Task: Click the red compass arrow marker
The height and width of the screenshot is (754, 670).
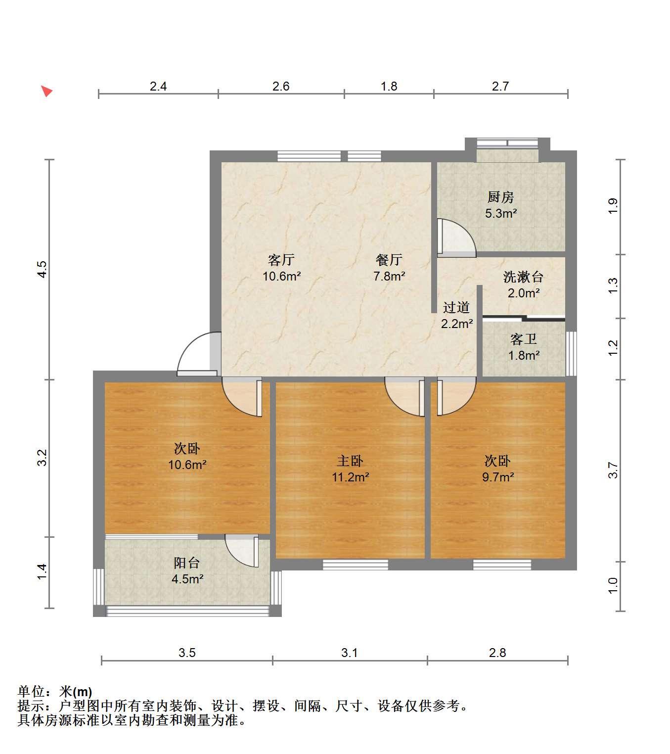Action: point(47,91)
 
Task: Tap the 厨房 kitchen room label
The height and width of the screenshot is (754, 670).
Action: point(501,197)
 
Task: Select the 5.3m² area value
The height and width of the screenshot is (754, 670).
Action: point(501,213)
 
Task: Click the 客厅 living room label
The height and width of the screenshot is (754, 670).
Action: point(281,260)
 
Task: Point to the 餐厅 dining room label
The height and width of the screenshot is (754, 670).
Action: point(389,260)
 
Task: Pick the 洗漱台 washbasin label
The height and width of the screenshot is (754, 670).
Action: point(524,277)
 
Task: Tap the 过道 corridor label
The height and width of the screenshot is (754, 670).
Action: point(456,307)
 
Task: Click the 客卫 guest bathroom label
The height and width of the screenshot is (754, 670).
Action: point(524,339)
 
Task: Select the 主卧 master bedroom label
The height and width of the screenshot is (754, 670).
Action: point(350,461)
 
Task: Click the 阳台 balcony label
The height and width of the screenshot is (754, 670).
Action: point(187,563)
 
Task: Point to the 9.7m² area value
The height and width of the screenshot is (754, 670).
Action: point(498,477)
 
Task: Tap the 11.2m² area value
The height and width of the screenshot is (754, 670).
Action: point(351,477)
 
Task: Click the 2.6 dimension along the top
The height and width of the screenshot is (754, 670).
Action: point(281,87)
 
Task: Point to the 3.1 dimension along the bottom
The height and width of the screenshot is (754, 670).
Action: point(349,653)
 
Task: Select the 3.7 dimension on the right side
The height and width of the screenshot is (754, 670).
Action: point(613,470)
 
